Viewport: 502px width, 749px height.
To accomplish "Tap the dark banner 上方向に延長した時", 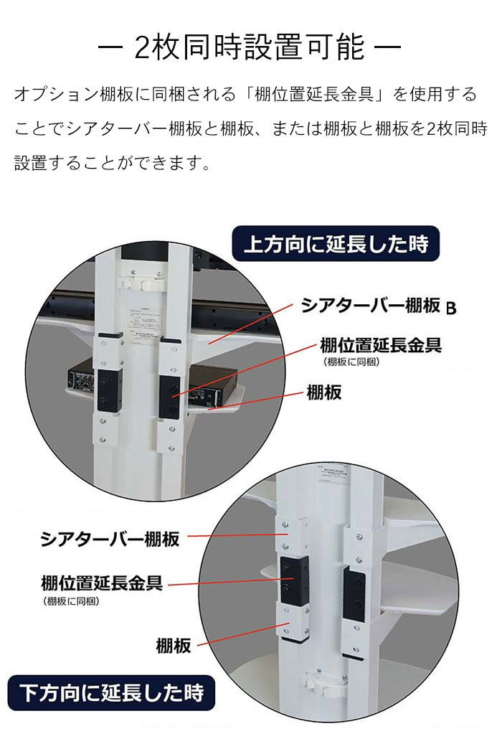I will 334,244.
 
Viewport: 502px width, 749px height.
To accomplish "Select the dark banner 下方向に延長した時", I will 111,693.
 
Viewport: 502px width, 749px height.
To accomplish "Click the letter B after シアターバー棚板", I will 451,309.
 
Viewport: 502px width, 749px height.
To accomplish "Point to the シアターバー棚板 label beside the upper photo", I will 370,306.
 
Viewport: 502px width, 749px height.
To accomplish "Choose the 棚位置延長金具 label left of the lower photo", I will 102,582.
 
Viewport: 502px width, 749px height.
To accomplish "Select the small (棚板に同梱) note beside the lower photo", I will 71,601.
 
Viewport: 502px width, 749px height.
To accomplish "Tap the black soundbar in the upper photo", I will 72,302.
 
